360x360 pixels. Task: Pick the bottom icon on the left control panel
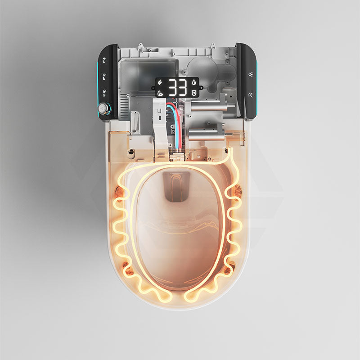coord(105,92)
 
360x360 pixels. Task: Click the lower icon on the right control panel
coord(250,94)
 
